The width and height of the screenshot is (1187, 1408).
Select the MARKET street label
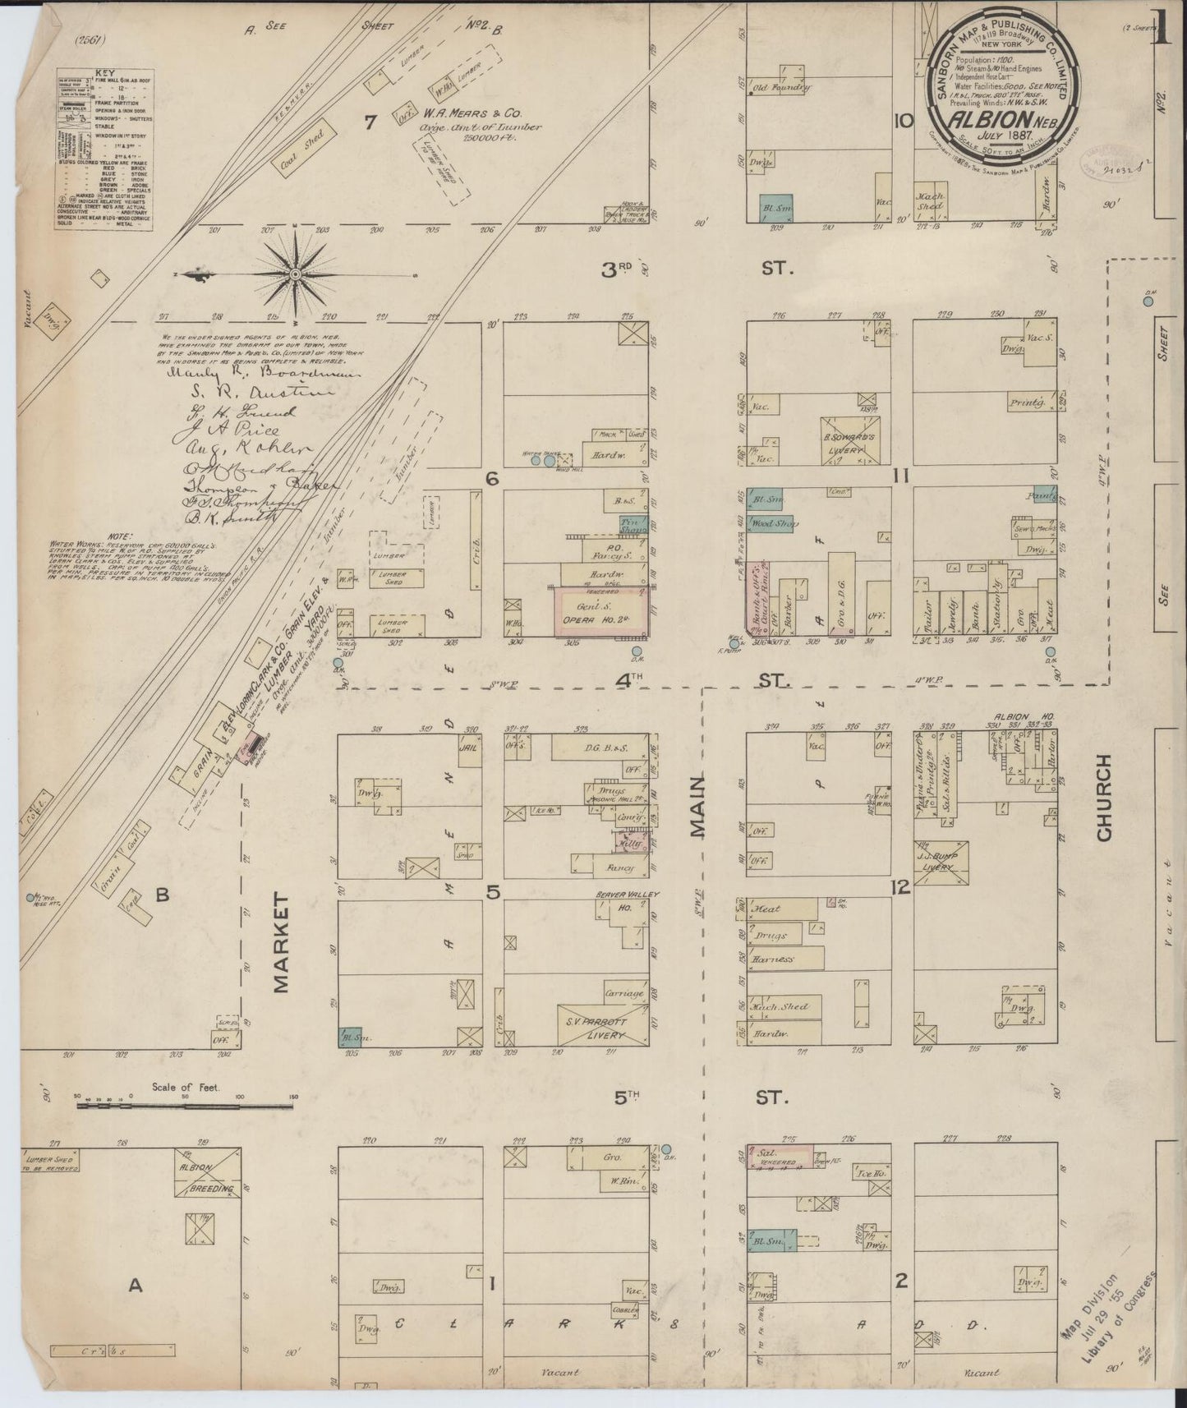coord(282,944)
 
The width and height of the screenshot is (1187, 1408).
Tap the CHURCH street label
coord(1102,798)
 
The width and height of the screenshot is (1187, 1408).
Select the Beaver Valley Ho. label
coord(632,900)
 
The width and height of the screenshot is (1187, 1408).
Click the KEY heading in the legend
coord(105,73)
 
